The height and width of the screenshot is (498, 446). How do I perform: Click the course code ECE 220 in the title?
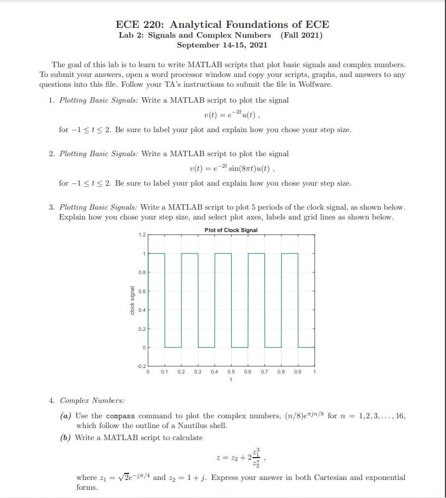coord(141,25)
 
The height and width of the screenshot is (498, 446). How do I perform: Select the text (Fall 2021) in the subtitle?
coord(301,35)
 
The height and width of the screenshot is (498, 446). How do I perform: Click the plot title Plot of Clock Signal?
coord(231,230)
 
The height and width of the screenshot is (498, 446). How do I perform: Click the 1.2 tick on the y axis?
coord(142,235)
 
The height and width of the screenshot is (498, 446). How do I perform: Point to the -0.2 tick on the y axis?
coord(141,365)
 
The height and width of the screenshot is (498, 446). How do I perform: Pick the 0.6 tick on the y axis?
coord(142,291)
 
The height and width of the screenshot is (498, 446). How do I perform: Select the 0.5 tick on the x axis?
coord(231,371)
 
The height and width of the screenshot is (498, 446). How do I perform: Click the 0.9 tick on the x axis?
coord(298,371)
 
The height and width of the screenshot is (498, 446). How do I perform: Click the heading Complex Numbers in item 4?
coord(92,400)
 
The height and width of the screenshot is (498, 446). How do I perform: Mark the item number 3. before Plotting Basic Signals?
coord(51,207)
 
